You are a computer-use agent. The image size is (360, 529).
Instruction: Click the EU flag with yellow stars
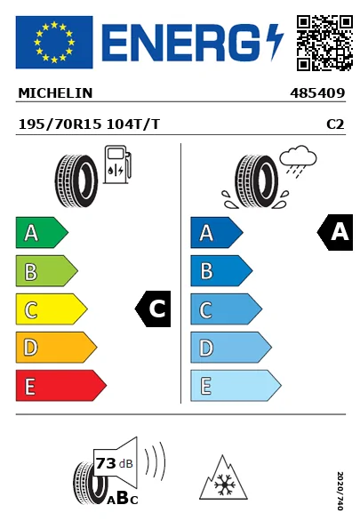coord(53,42)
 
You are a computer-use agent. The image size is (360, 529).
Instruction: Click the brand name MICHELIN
coord(54,92)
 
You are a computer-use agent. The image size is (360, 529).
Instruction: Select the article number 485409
coord(317,92)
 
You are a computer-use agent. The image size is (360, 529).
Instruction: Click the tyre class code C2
coord(335,125)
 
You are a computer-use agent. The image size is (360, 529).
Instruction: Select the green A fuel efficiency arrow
coord(41,234)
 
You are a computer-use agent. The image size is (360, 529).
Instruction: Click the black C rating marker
coord(153,309)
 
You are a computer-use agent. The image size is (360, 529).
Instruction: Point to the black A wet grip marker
coord(335,233)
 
